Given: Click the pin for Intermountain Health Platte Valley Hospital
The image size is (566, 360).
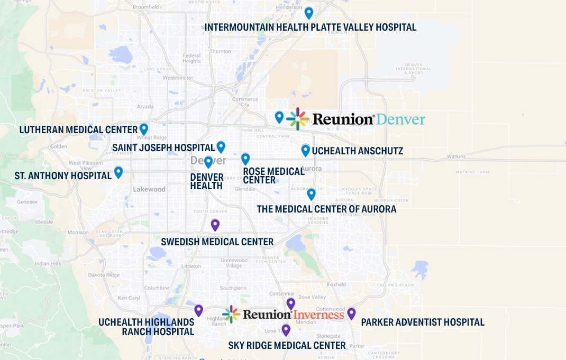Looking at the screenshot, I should pos(309,13).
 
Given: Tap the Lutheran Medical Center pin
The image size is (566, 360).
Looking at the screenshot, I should pos(143,128).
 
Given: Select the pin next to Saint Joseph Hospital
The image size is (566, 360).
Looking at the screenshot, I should pos(221,146).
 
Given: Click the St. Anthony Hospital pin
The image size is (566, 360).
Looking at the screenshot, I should pos(118,172).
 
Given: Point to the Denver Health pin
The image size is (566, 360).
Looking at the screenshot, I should pos(208,162).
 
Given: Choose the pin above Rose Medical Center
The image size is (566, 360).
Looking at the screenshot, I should pos(245,159).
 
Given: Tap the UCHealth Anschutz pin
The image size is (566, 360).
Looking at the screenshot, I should pos(305,150).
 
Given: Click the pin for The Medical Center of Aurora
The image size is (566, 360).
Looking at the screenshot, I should pos(311,194).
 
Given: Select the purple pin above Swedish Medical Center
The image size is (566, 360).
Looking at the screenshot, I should pos(215,225).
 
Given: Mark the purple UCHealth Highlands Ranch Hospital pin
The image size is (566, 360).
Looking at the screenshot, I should pos(198,310).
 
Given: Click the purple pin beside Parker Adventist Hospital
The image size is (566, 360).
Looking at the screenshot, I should pos(351,313).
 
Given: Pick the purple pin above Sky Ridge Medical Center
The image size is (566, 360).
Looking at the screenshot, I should pos(286,330).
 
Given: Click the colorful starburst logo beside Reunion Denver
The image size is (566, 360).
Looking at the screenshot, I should pos(297,119).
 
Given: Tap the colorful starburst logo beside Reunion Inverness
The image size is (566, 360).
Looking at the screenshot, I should pos(231,315).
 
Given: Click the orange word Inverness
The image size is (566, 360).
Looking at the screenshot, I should pos(318,315).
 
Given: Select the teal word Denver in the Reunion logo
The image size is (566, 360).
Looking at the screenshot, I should pos(400,119).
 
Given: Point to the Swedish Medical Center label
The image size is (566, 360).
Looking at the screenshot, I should pos(217,242).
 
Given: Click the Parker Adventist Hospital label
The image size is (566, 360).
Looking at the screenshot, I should pos(422,322).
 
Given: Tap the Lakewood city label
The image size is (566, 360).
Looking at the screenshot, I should pos(149,189).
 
